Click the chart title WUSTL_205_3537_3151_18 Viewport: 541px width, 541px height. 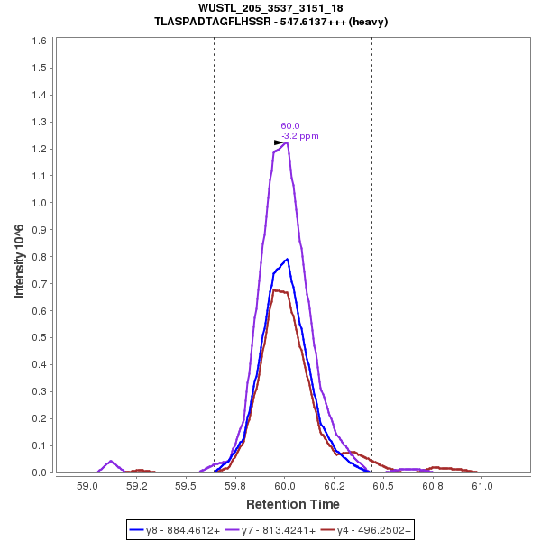[x=270, y=8]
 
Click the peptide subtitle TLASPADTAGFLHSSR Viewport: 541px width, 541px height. [x=270, y=22]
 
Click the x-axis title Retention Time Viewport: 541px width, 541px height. [x=294, y=504]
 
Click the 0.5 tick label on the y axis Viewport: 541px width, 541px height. [x=40, y=337]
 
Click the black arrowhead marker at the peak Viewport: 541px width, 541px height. [x=279, y=142]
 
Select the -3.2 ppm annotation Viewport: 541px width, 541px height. [x=300, y=136]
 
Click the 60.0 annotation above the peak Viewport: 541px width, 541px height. [x=289, y=126]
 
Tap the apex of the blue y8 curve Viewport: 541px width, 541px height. [x=287, y=259]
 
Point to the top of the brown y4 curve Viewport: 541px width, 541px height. [x=274, y=289]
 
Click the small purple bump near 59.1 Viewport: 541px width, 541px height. [x=111, y=461]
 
